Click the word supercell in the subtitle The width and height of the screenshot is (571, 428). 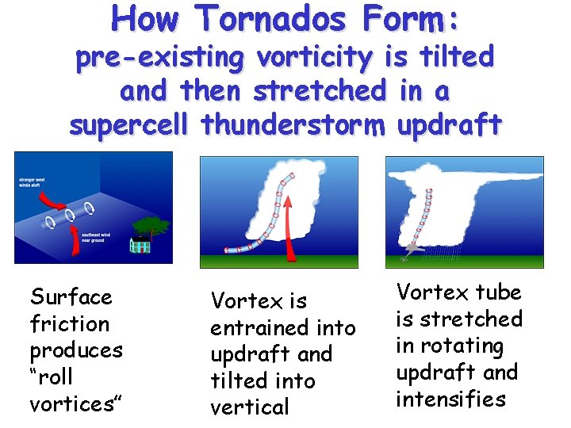[x=131, y=124]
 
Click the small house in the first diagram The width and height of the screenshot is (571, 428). [x=140, y=244]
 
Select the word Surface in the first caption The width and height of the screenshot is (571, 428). [x=71, y=297]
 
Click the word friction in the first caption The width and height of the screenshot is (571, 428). [x=70, y=324]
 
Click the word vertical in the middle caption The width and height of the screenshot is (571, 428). [x=250, y=407]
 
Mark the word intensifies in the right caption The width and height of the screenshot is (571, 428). [x=451, y=399]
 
